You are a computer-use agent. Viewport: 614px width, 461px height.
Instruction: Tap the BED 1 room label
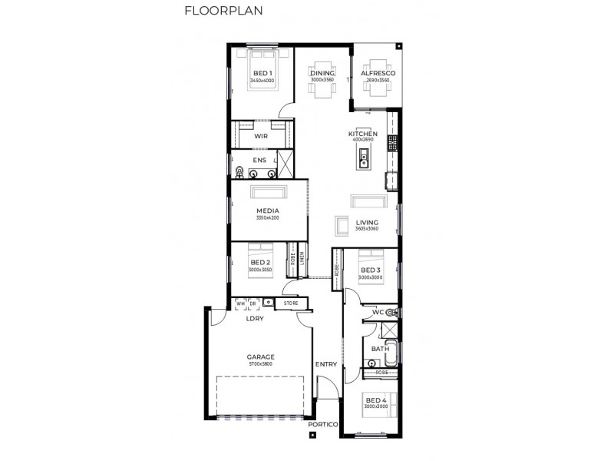tap(262, 73)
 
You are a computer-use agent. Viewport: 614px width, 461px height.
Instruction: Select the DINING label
tap(322, 73)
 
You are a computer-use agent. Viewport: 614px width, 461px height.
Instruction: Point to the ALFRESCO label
tap(378, 73)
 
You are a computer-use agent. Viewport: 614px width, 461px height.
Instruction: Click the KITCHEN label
tap(362, 133)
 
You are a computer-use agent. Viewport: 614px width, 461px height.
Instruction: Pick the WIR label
tap(260, 136)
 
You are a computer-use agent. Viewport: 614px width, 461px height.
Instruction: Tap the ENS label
tap(260, 161)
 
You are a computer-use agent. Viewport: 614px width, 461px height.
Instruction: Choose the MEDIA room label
tap(268, 211)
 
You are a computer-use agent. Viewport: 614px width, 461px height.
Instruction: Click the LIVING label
tap(367, 222)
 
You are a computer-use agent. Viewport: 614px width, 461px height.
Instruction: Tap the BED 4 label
tap(375, 400)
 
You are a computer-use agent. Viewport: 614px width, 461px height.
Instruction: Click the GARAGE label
tap(261, 357)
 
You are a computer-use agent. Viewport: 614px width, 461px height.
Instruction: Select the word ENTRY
tap(326, 364)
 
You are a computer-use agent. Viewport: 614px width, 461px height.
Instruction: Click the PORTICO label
tap(322, 424)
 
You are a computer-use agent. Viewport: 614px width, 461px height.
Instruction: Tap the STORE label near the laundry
tap(290, 303)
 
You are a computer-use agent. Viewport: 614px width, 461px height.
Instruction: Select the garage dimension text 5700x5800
tap(261, 364)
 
